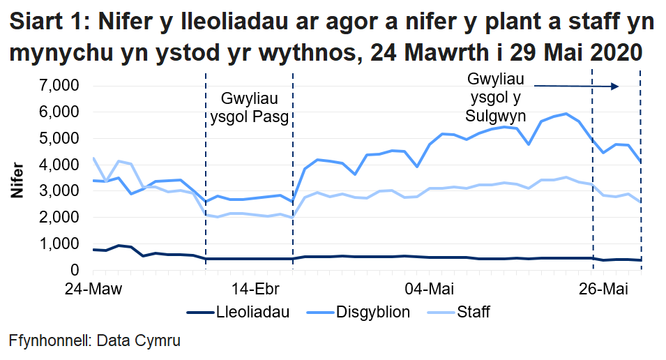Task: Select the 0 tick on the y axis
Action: (x=73, y=270)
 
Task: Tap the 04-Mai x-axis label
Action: (x=426, y=288)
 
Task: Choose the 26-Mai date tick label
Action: (x=601, y=288)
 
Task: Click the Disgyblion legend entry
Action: (x=370, y=312)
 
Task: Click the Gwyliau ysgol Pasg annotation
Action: (x=249, y=107)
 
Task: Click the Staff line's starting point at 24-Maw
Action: (x=93, y=158)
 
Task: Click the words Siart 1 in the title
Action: (x=47, y=23)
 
